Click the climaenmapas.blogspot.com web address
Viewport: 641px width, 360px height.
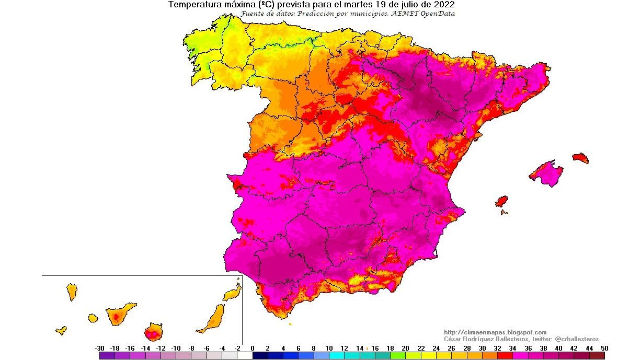point(495,332)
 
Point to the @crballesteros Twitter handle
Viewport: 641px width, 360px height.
point(577,339)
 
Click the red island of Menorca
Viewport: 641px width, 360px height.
point(580,158)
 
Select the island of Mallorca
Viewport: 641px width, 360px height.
point(546,174)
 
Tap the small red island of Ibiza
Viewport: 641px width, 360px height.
point(501,201)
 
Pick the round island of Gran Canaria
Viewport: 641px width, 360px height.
point(153,332)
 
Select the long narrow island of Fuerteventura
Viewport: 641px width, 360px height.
point(212,319)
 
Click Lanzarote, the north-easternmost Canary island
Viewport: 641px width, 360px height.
point(232,293)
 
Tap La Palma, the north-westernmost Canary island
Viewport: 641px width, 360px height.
point(72,292)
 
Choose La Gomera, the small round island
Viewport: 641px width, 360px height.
point(93,317)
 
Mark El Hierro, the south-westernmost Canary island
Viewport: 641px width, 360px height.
point(61,330)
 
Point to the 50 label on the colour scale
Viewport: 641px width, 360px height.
point(604,348)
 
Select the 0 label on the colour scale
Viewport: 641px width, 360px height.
point(253,348)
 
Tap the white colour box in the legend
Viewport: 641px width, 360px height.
point(245,356)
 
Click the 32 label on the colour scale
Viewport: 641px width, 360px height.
point(497,348)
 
